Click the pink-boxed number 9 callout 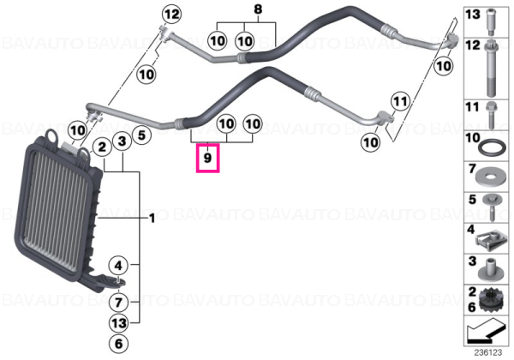[207, 159]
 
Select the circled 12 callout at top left [172, 15]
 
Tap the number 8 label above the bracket [259, 9]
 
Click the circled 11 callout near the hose [400, 102]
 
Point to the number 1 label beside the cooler [152, 218]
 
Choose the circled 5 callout [141, 135]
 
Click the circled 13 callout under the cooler [119, 323]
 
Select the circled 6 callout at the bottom [119, 344]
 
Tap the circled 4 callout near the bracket [118, 265]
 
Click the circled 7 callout [119, 303]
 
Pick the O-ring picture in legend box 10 [490, 147]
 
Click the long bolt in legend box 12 [490, 68]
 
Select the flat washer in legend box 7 [490, 177]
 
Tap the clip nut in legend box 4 [488, 242]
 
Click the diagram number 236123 [488, 352]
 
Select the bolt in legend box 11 [491, 115]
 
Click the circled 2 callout [102, 147]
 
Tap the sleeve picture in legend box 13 [491, 21]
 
